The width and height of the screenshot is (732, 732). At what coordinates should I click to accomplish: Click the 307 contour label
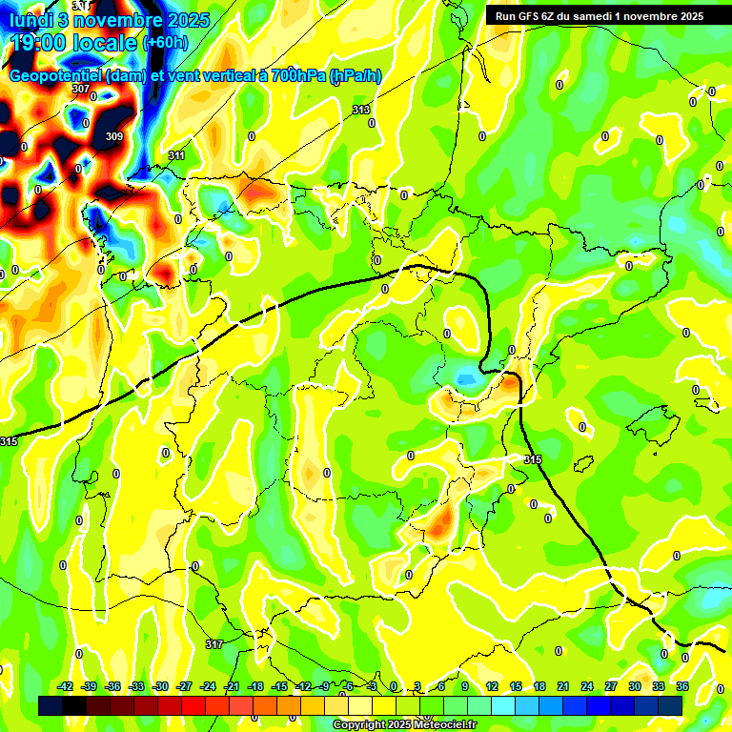click(x=81, y=89)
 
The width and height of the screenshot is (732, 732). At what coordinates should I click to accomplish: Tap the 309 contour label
click(x=114, y=136)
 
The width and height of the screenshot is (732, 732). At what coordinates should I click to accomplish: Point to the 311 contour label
click(x=176, y=155)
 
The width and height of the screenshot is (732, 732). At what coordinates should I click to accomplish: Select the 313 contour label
click(x=361, y=111)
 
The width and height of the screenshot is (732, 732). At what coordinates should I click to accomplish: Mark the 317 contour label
click(x=214, y=645)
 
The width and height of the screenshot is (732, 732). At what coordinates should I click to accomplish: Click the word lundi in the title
click(x=38, y=19)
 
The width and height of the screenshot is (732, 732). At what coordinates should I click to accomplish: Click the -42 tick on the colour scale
click(x=66, y=686)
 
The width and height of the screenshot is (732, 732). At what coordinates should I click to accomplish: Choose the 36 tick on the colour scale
click(x=683, y=686)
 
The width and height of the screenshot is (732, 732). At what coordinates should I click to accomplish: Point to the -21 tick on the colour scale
click(x=232, y=686)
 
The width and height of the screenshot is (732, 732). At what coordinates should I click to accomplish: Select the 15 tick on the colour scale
click(x=515, y=686)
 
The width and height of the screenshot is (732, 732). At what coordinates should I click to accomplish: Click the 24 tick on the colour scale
click(x=586, y=686)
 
